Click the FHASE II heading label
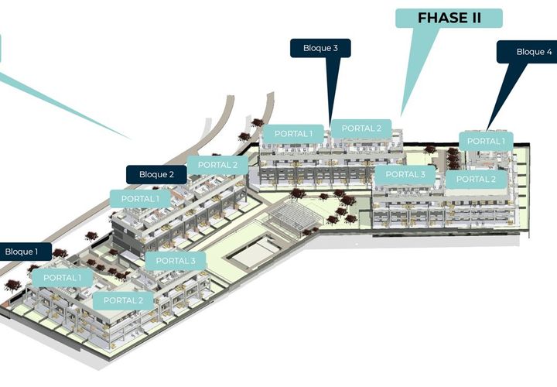tap(449, 18)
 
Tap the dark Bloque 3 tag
tap(320, 48)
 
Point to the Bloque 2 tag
tap(156, 174)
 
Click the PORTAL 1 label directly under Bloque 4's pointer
tap(486, 141)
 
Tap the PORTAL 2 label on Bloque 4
tap(476, 179)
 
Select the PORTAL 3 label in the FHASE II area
tap(405, 174)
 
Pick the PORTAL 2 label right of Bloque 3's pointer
tap(361, 128)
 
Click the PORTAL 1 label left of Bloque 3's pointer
tap(293, 134)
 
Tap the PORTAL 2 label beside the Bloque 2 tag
tap(217, 165)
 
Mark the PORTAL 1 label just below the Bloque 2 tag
tap(140, 199)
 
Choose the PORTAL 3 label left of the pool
tap(176, 261)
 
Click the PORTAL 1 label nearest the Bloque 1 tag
tap(63, 278)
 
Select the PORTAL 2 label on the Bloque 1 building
tap(123, 300)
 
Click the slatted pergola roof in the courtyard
tap(294, 215)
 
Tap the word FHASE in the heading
tap(438, 18)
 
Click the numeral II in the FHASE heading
tap(472, 18)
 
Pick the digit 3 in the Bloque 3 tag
tap(335, 48)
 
